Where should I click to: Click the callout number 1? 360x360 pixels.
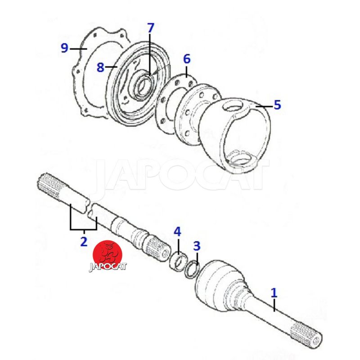click(274, 293)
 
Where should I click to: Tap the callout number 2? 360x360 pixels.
click(84, 241)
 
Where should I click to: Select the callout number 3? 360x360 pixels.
click(197, 246)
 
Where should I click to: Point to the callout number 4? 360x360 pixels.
click(177, 232)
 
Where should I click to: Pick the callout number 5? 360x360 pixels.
click(277, 105)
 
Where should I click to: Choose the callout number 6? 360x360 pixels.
click(187, 59)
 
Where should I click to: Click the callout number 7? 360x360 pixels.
click(150, 28)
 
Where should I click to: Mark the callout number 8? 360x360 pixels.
click(100, 67)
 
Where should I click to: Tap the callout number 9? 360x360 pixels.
click(64, 48)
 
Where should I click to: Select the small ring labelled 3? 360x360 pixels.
click(192, 269)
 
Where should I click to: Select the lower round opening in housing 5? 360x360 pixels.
click(241, 159)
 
